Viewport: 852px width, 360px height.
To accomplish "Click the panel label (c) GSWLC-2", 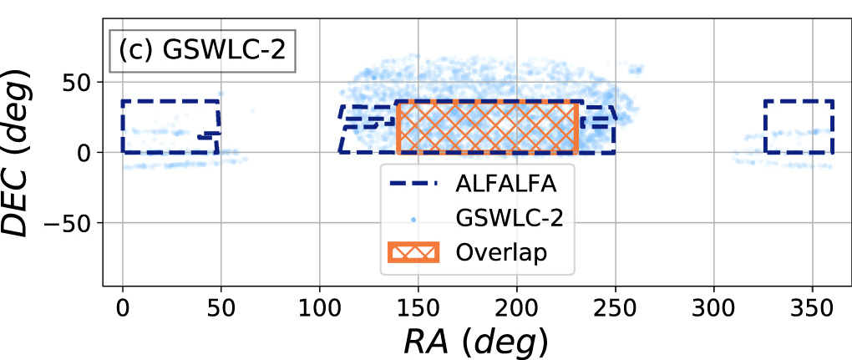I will (x=202, y=50).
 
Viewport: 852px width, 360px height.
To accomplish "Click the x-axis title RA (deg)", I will (x=477, y=340).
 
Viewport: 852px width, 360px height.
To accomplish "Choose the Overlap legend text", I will (x=500, y=251).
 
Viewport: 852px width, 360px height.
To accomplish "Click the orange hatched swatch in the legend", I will (x=415, y=251).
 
